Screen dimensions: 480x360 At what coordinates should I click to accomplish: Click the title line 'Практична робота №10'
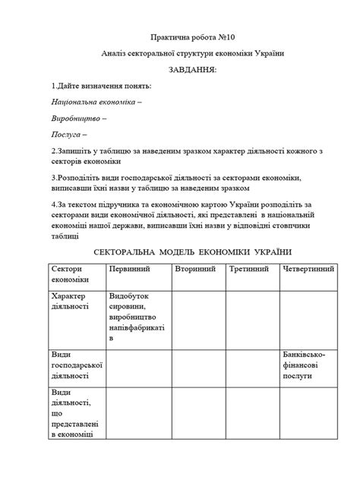[179, 37]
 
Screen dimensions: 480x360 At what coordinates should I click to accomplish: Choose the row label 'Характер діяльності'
[71, 302]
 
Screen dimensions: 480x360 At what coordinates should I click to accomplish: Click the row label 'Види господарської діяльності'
[74, 365]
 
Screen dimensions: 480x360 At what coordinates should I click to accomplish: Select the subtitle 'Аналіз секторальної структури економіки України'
[179, 53]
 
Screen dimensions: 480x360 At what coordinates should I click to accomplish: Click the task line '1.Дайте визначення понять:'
[102, 85]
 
